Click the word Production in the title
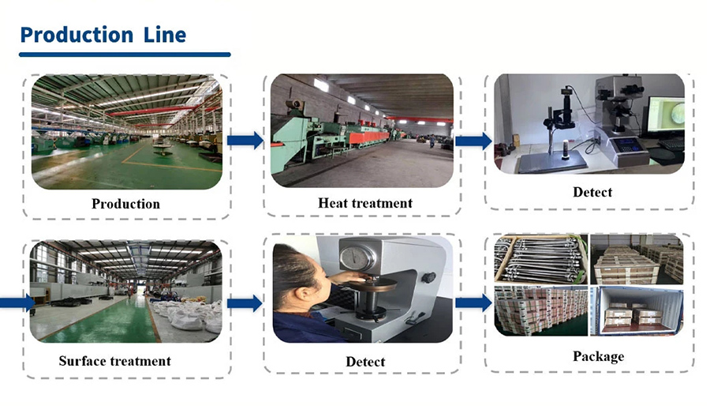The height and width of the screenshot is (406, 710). (77, 35)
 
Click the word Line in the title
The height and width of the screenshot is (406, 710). (165, 35)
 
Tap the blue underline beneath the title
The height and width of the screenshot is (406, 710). (125, 55)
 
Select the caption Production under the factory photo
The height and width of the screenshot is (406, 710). (125, 204)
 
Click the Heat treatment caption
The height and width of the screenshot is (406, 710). (365, 202)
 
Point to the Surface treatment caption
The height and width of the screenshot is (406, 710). (114, 361)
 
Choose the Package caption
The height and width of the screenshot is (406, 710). (598, 356)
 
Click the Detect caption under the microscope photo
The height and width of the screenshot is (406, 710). (592, 192)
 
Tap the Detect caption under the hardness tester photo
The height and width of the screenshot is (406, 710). (365, 362)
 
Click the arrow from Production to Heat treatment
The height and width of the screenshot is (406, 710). (245, 141)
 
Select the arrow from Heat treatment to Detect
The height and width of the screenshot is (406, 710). (473, 141)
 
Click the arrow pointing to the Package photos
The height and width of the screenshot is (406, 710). (473, 303)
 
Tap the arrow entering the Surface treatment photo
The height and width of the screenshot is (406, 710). (17, 303)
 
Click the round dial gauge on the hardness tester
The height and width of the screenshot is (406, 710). (357, 257)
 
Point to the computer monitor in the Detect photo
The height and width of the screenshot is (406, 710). (665, 115)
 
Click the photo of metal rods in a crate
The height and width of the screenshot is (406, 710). (541, 259)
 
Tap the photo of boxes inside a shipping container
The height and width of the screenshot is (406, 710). (637, 311)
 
